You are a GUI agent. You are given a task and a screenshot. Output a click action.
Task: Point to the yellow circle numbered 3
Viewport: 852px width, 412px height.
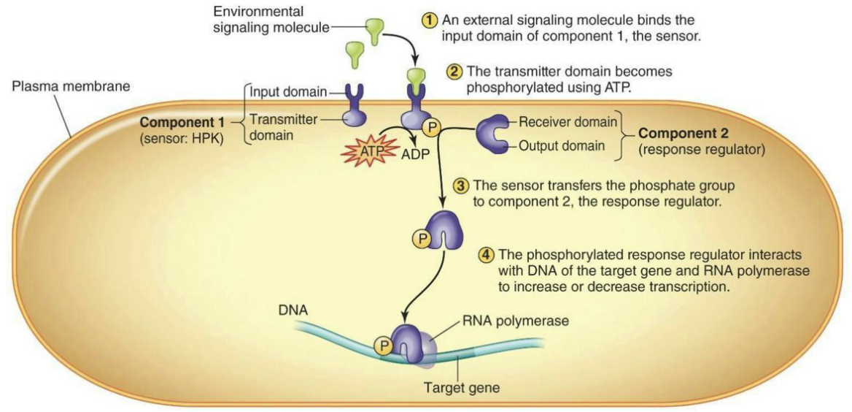[461, 185]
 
